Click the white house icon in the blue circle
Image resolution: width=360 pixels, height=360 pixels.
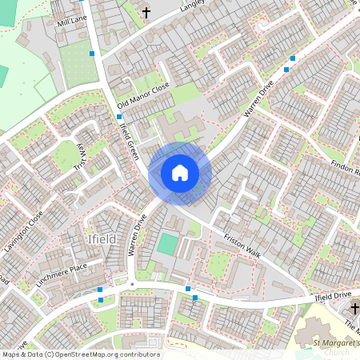point(180,172)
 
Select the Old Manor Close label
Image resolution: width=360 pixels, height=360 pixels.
point(144,94)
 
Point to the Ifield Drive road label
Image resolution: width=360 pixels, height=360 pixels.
point(333,296)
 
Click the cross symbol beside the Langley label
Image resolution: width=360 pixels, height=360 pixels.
point(146,12)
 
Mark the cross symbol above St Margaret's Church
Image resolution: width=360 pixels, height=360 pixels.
point(355,308)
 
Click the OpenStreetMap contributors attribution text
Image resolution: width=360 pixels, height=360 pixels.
point(80,354)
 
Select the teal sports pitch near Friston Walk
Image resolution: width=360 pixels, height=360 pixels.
point(167,244)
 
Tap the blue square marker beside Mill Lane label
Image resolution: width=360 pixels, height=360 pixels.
point(93,53)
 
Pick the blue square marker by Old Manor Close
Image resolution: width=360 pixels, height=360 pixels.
point(119,117)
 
